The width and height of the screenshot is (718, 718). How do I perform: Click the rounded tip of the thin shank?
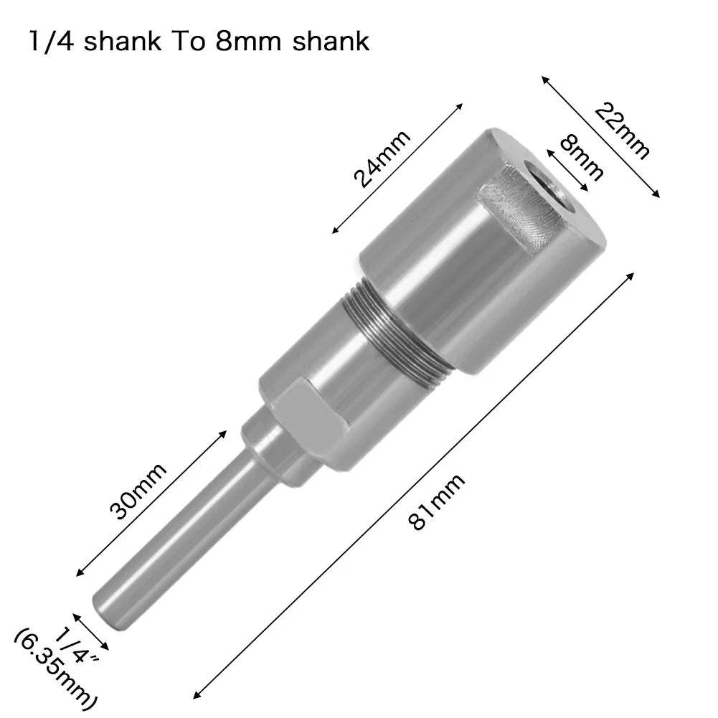[x=106, y=603]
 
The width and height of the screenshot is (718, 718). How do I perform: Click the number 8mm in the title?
[x=234, y=41]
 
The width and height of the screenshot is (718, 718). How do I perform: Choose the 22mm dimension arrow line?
[x=600, y=136]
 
